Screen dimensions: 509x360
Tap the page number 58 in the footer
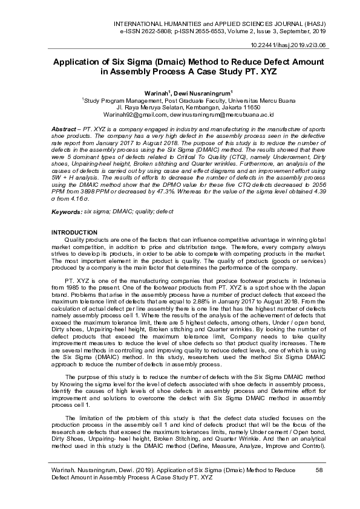(x=319, y=469)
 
